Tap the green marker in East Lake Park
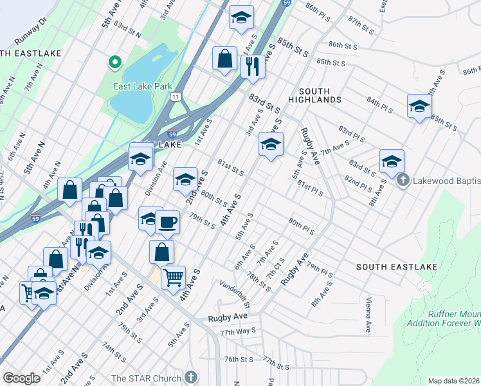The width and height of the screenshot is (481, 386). point(115,62)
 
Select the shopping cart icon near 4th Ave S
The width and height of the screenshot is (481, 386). point(173,277)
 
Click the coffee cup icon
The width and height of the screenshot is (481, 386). point(167,222)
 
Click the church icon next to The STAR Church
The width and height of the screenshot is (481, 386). point(190,377)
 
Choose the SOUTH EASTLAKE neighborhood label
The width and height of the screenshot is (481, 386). point(397,266)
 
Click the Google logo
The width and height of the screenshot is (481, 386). point(21,378)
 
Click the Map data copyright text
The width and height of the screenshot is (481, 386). point(454,381)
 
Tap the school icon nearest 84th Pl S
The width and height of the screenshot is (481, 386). point(419,106)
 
